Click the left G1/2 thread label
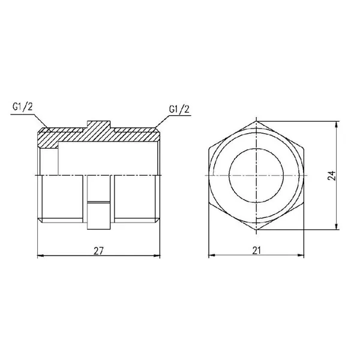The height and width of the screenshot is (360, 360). click(x=23, y=107)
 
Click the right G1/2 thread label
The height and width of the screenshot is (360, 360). click(x=179, y=109)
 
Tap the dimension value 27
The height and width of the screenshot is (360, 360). click(x=98, y=251)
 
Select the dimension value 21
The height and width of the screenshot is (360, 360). click(x=256, y=250)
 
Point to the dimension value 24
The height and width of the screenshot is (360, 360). click(x=332, y=176)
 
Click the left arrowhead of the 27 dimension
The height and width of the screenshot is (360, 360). click(x=41, y=256)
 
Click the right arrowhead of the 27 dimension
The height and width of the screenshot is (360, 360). click(x=157, y=256)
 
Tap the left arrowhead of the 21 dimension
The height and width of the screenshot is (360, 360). click(x=212, y=255)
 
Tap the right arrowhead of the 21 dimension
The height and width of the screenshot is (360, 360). click(x=301, y=255)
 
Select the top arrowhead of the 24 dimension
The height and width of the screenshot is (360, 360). click(x=337, y=125)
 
